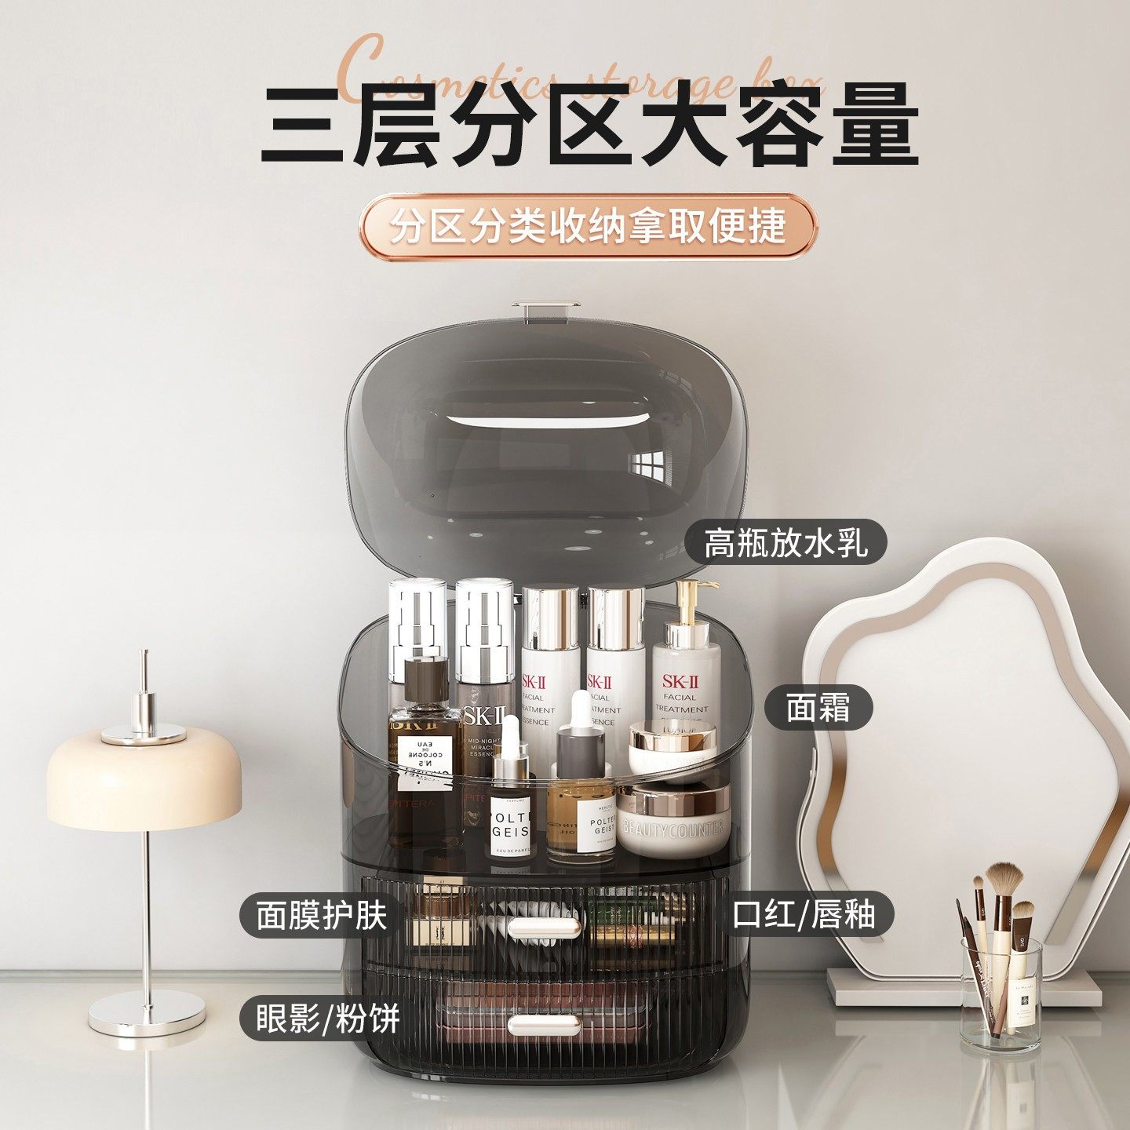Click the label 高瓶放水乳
click(x=786, y=542)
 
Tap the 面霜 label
click(x=818, y=707)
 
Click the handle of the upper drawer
click(x=545, y=927)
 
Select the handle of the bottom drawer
click(x=545, y=1023)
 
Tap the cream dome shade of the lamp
click(x=144, y=777)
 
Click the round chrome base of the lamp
click(x=147, y=1012)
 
